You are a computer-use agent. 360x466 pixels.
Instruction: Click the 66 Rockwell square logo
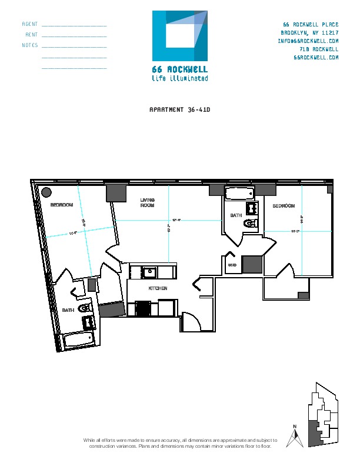(x=180, y=36)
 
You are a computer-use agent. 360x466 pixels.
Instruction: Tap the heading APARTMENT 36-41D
(x=180, y=109)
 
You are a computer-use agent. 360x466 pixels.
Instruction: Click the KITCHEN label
(x=158, y=288)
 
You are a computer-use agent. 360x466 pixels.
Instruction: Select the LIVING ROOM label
(x=147, y=203)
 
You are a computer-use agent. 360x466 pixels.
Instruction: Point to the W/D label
(x=232, y=265)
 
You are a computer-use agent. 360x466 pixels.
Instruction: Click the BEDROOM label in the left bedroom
(x=62, y=205)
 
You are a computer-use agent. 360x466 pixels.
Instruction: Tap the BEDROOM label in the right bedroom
(x=283, y=206)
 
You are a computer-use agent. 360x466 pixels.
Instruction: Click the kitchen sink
(x=149, y=272)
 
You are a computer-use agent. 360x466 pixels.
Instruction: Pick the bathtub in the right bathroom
(x=239, y=193)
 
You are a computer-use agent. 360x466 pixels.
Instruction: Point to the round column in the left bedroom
(x=45, y=192)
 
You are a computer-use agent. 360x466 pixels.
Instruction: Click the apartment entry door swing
(x=190, y=322)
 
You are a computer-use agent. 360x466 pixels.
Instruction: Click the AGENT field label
(x=30, y=24)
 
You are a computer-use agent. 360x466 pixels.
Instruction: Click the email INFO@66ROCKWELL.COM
(x=308, y=41)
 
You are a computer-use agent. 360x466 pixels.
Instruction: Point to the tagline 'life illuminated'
(x=180, y=78)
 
